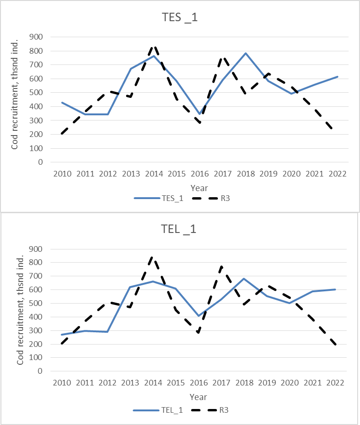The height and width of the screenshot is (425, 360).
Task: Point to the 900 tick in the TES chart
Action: pyautogui.click(x=36, y=37)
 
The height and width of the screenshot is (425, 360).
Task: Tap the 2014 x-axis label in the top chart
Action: pyautogui.click(x=154, y=173)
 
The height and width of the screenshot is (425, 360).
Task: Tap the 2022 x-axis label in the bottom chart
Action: pyautogui.click(x=337, y=383)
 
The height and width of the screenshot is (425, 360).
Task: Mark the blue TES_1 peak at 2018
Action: pyautogui.click(x=246, y=53)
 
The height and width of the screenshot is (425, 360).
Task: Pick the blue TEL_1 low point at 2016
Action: pyautogui.click(x=200, y=315)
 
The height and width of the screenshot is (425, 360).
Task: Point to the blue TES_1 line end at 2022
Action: pyautogui.click(x=337, y=77)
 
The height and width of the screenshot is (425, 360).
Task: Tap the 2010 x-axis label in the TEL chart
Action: pyautogui.click(x=62, y=383)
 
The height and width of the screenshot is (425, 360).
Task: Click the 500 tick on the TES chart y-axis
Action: pyautogui.click(x=36, y=93)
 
